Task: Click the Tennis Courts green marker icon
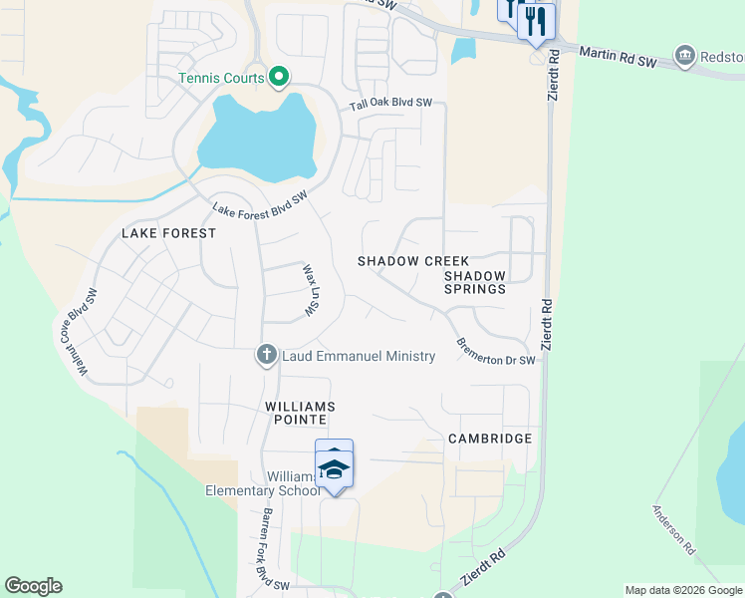tap(280, 76)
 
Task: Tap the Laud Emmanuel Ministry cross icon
tap(266, 355)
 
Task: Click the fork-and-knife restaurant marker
tap(537, 20)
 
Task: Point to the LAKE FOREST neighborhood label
tap(168, 233)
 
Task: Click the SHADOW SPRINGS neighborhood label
tap(475, 282)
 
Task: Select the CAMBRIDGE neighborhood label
tap(490, 439)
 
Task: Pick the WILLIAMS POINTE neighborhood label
tap(300, 414)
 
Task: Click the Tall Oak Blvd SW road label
tap(390, 103)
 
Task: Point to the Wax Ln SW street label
tap(311, 289)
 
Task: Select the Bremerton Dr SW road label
tap(496, 351)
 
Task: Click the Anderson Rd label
tap(673, 529)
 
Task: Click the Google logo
tap(33, 586)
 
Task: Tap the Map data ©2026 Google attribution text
tap(683, 590)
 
